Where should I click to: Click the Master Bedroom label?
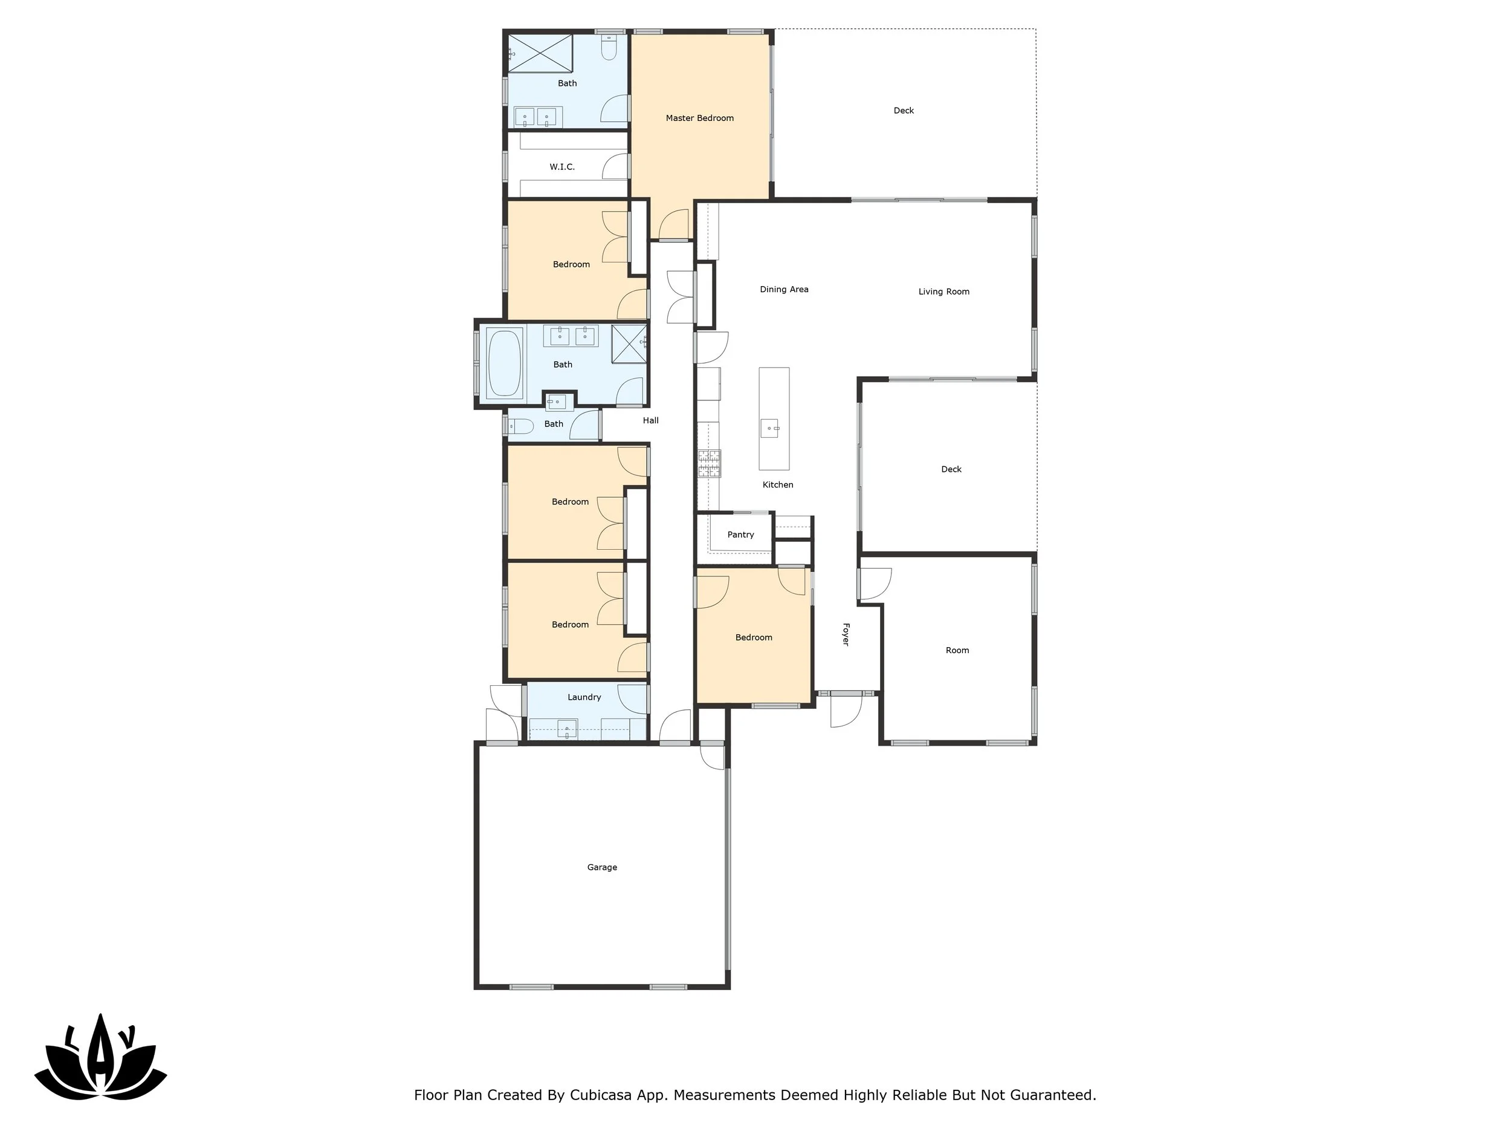pos(699,119)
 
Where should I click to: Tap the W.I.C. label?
pos(561,167)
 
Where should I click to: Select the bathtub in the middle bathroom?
pos(505,363)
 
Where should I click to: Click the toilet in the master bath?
pos(609,48)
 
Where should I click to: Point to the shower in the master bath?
pos(540,53)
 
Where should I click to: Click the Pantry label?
pos(740,535)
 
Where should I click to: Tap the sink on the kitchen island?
pos(770,429)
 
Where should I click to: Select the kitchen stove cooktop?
pos(709,463)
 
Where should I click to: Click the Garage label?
pos(602,867)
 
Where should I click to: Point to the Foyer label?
pos(846,634)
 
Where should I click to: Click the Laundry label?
pos(584,697)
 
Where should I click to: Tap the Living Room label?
pos(943,292)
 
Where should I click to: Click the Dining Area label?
pos(783,289)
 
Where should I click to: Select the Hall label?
pos(650,420)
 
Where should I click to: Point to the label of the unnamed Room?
pos(957,650)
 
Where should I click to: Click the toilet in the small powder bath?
pos(521,426)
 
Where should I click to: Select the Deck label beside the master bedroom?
pos(903,111)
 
